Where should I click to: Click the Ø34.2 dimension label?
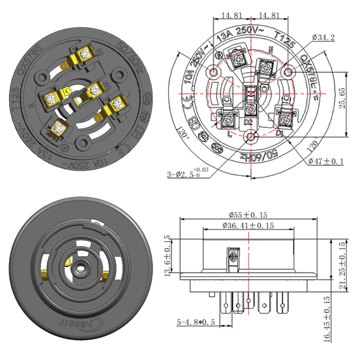click(x=323, y=38)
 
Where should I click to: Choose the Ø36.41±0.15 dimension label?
click(x=248, y=226)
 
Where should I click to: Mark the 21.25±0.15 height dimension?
click(x=342, y=265)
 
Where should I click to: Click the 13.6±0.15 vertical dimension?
click(x=168, y=256)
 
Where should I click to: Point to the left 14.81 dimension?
click(x=231, y=15)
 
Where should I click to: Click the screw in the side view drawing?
click(x=234, y=256)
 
